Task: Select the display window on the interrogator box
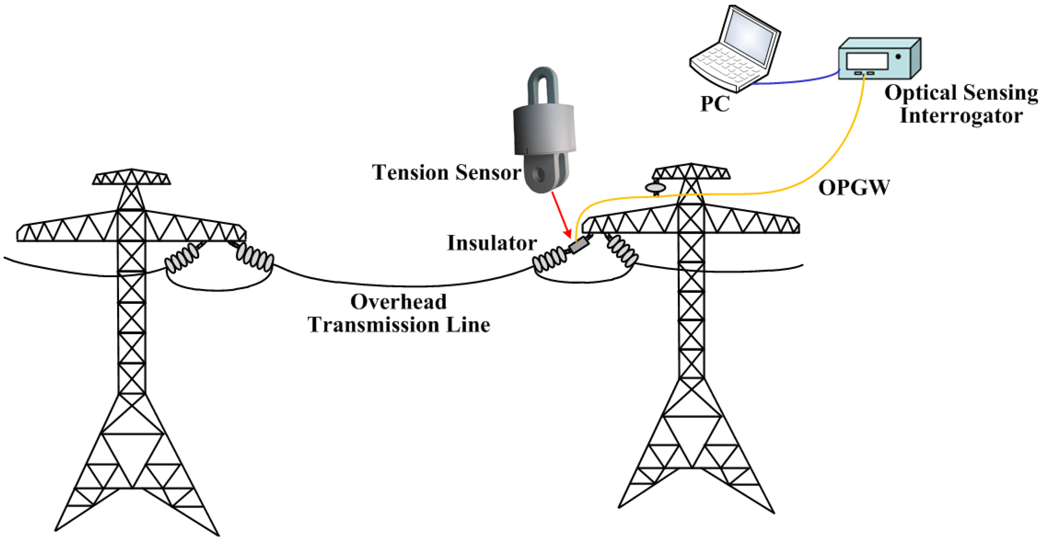(x=867, y=61)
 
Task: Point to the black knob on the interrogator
(x=898, y=56)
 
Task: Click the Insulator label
(x=492, y=243)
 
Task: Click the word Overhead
(x=398, y=302)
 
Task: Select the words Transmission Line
(x=398, y=325)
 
